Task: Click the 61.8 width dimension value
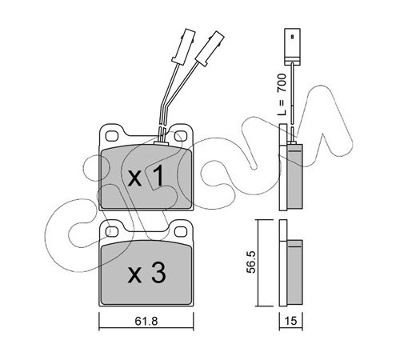pyautogui.click(x=146, y=321)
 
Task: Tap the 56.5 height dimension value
pyautogui.click(x=251, y=262)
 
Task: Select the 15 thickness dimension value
pyautogui.click(x=290, y=321)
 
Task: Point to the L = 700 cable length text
pyautogui.click(x=282, y=94)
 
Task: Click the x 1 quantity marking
pyautogui.click(x=146, y=176)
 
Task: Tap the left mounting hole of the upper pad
pyautogui.click(x=112, y=136)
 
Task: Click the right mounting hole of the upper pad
pyautogui.click(x=181, y=136)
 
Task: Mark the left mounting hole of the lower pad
pyautogui.click(x=112, y=231)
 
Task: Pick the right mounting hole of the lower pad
pyautogui.click(x=181, y=231)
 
